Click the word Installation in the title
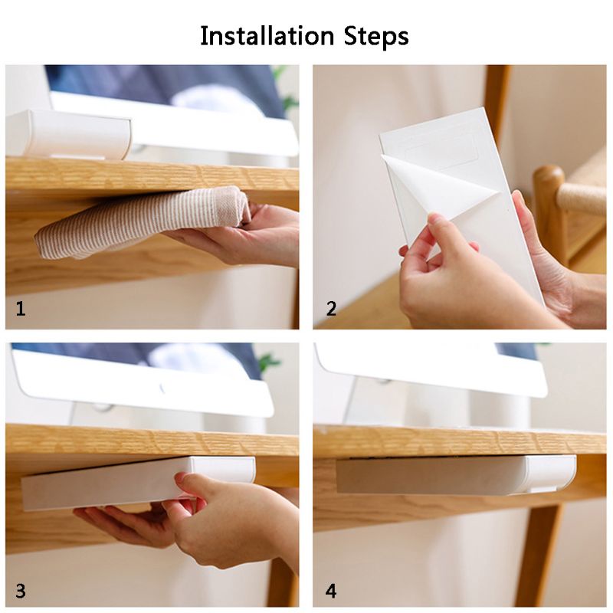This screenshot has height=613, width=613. coord(267,36)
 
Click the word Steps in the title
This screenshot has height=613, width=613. coord(376,37)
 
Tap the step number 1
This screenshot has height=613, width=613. coord(21,309)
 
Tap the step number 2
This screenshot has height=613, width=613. coord(331,309)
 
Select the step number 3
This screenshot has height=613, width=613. coord(21,591)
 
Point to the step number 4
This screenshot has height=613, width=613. coord(331,591)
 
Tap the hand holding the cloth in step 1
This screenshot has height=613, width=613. coord(234,234)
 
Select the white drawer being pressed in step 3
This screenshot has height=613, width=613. coord(137,483)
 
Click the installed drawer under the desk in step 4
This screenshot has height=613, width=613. coord(455,475)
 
